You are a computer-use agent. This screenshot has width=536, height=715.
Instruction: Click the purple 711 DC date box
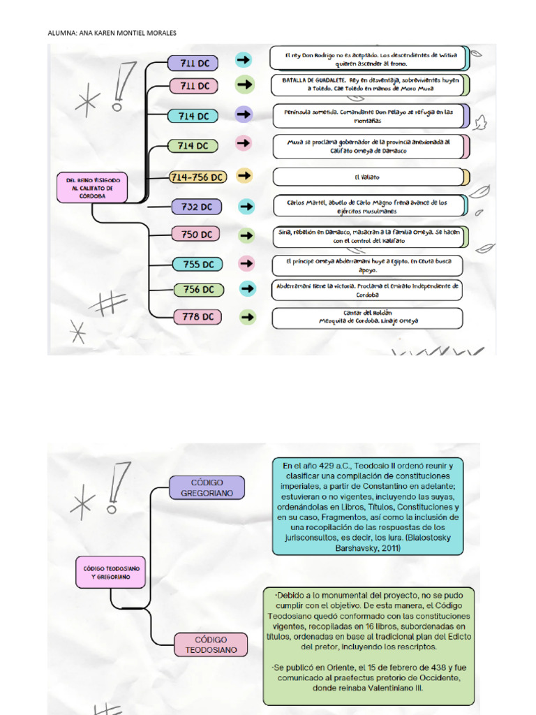(x=193, y=63)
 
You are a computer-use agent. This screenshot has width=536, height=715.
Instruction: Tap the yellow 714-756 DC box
(x=198, y=177)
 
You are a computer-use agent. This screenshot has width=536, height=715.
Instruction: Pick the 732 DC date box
(x=196, y=206)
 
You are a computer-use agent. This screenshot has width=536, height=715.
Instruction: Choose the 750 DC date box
(x=196, y=235)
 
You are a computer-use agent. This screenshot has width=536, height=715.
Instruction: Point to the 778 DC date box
(x=198, y=316)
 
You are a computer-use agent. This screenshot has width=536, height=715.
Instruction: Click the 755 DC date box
(x=198, y=264)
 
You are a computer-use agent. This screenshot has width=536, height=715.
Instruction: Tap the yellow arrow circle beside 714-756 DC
(x=244, y=177)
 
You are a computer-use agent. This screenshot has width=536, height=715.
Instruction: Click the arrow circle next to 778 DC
(x=246, y=316)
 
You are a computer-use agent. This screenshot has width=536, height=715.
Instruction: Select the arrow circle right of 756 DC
(x=246, y=288)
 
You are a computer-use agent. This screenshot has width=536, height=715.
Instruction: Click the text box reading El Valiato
(x=367, y=177)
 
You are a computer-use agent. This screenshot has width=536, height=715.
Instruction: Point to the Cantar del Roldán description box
(x=367, y=318)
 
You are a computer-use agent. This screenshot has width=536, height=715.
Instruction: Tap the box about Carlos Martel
(x=367, y=206)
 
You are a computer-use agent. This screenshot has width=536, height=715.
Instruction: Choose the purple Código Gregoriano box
(x=207, y=487)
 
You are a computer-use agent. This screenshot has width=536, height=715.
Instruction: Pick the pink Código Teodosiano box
(x=211, y=644)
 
